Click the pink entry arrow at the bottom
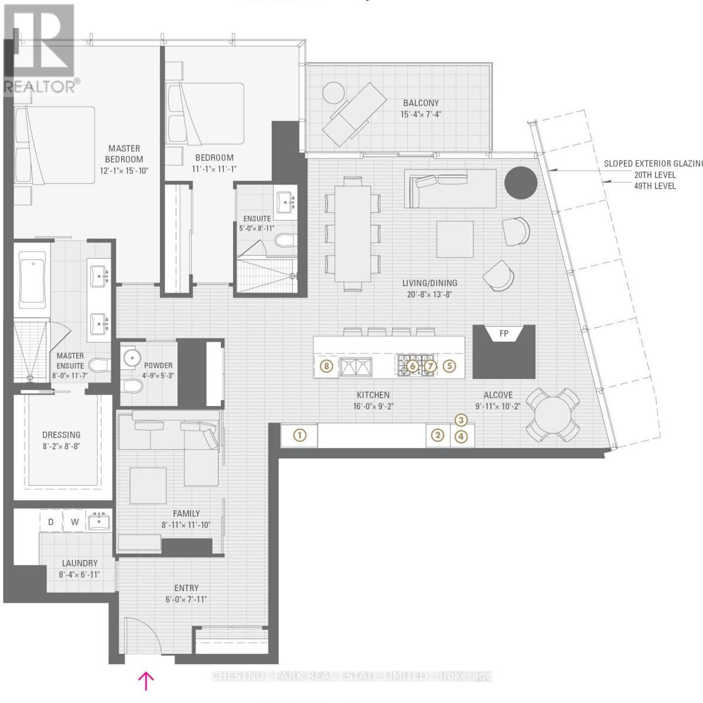pos(145,680)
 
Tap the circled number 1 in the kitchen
pos(299,435)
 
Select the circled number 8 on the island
pos(327,366)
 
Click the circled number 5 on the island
pos(449,366)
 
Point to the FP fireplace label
pos(503,334)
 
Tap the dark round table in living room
pos(521,183)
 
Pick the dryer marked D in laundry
pos(51,521)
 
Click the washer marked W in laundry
pos(75,521)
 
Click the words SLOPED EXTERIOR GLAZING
pos(653,164)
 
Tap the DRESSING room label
pos(62,435)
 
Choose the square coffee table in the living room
pos(455,238)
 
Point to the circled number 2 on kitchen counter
pos(437,435)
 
